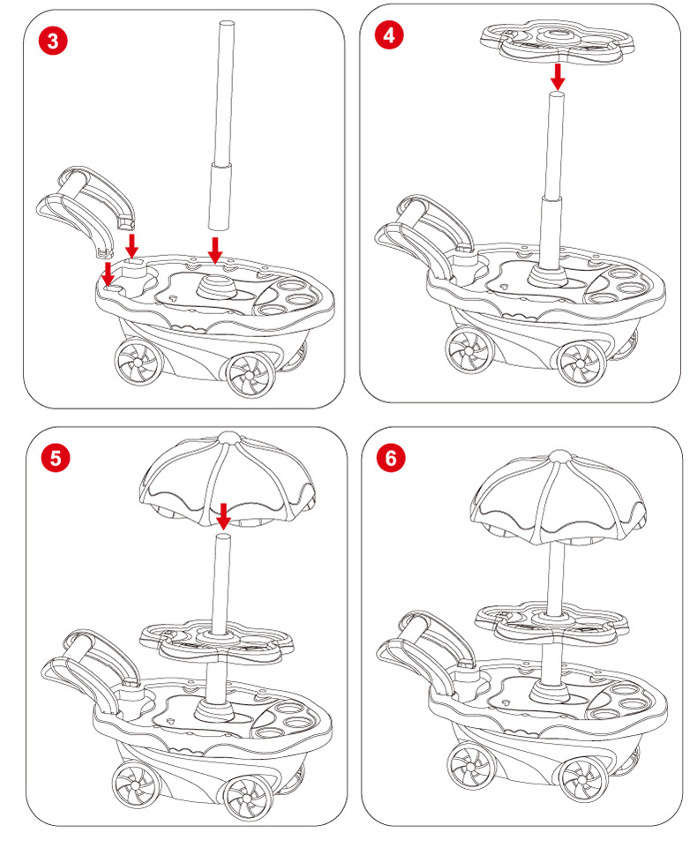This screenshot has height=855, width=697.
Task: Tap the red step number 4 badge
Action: tap(390, 35)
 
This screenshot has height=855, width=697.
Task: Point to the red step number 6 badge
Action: tap(392, 459)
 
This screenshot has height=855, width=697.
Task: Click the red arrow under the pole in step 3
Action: tap(214, 250)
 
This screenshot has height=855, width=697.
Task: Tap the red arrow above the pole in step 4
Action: tap(557, 75)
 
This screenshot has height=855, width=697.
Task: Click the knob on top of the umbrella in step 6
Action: tap(558, 455)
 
